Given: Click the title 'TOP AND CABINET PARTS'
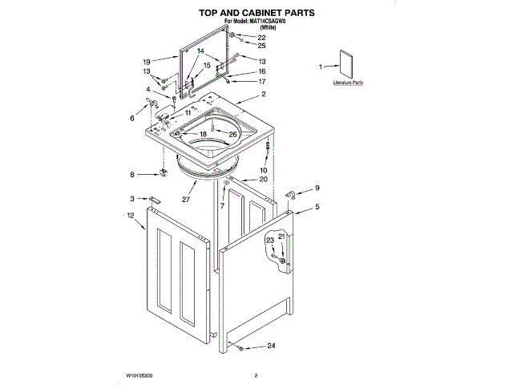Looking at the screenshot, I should tap(256, 13).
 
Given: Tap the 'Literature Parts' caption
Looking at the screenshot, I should tap(348, 83).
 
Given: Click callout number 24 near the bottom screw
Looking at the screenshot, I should tap(271, 346).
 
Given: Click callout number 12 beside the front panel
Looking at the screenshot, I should tap(130, 215).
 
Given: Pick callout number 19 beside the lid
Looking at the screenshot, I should tap(147, 62).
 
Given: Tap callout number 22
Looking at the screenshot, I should tap(261, 38).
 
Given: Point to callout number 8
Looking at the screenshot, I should tap(133, 174).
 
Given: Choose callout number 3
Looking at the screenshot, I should tap(132, 198).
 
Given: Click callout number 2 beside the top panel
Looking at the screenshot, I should tap(263, 95).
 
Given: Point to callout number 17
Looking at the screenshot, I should tap(261, 82).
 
